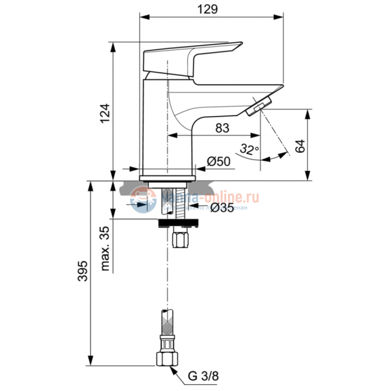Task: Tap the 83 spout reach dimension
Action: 222,127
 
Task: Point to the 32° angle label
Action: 249,149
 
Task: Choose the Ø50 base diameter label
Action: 220,161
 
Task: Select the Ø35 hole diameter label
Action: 223,208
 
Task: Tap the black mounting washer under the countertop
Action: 177,223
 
